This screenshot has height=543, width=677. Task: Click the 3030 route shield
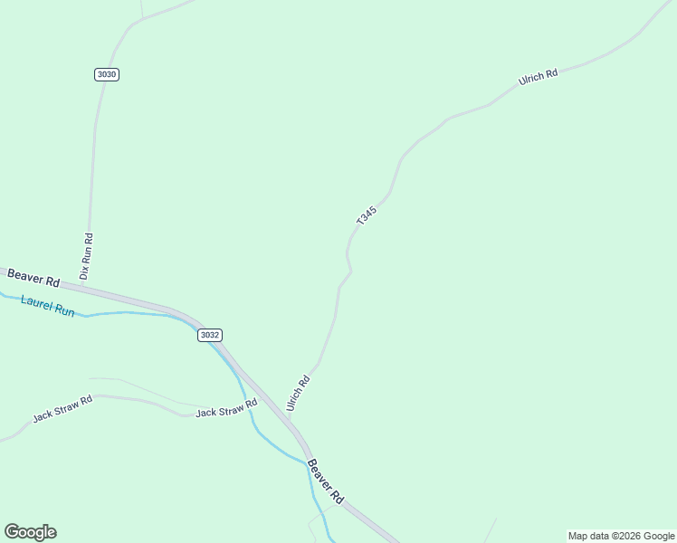106,74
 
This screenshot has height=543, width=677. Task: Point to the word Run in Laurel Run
64,310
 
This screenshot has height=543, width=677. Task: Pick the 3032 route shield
209,335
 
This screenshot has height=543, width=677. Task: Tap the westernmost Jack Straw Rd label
62,409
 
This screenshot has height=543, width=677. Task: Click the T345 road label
367,216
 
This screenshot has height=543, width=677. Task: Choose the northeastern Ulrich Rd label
538,77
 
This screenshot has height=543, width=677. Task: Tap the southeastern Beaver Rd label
325,481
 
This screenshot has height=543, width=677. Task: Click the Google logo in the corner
30,532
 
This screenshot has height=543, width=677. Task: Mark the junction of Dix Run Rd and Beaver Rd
83,285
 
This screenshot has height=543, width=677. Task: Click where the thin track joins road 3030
142,19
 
